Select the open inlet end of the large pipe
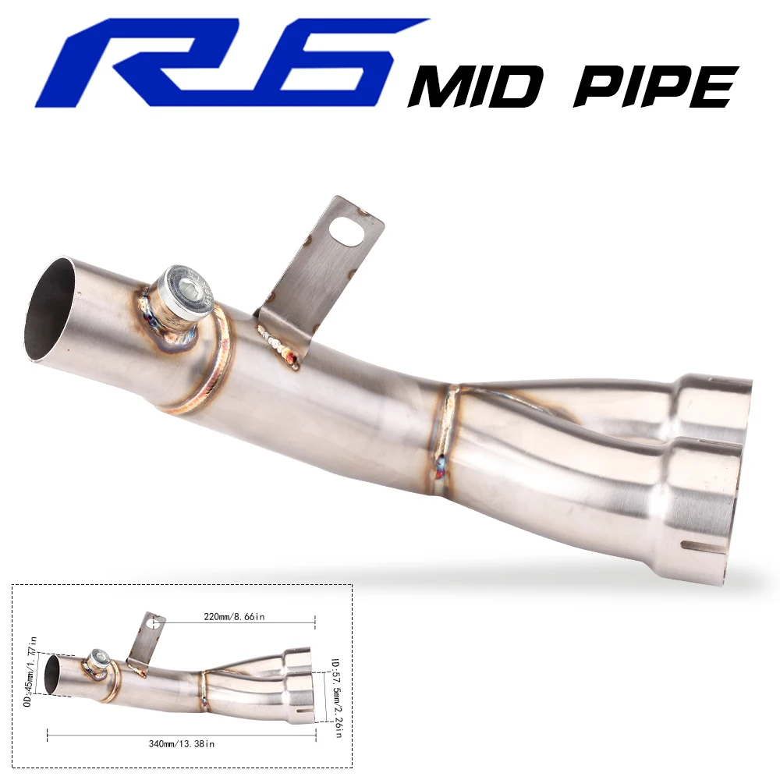(x=49, y=310)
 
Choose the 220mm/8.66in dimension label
(x=234, y=617)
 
